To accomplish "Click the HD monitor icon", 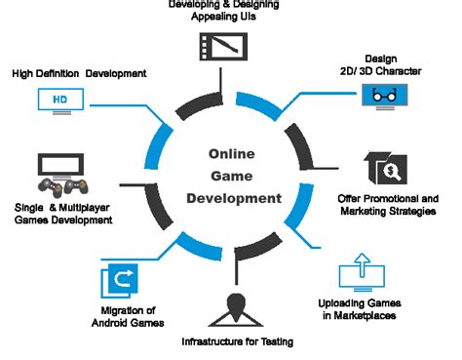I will pos(59,100).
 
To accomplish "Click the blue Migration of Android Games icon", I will pos(119,281).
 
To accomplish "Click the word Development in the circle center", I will pos(234,198).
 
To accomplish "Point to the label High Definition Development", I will pos(80,72).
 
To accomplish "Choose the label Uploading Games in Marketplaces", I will pos(361,308).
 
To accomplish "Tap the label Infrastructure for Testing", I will pos(237,341).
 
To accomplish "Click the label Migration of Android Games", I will pos(125,316).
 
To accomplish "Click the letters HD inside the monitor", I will pos(59,100).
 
